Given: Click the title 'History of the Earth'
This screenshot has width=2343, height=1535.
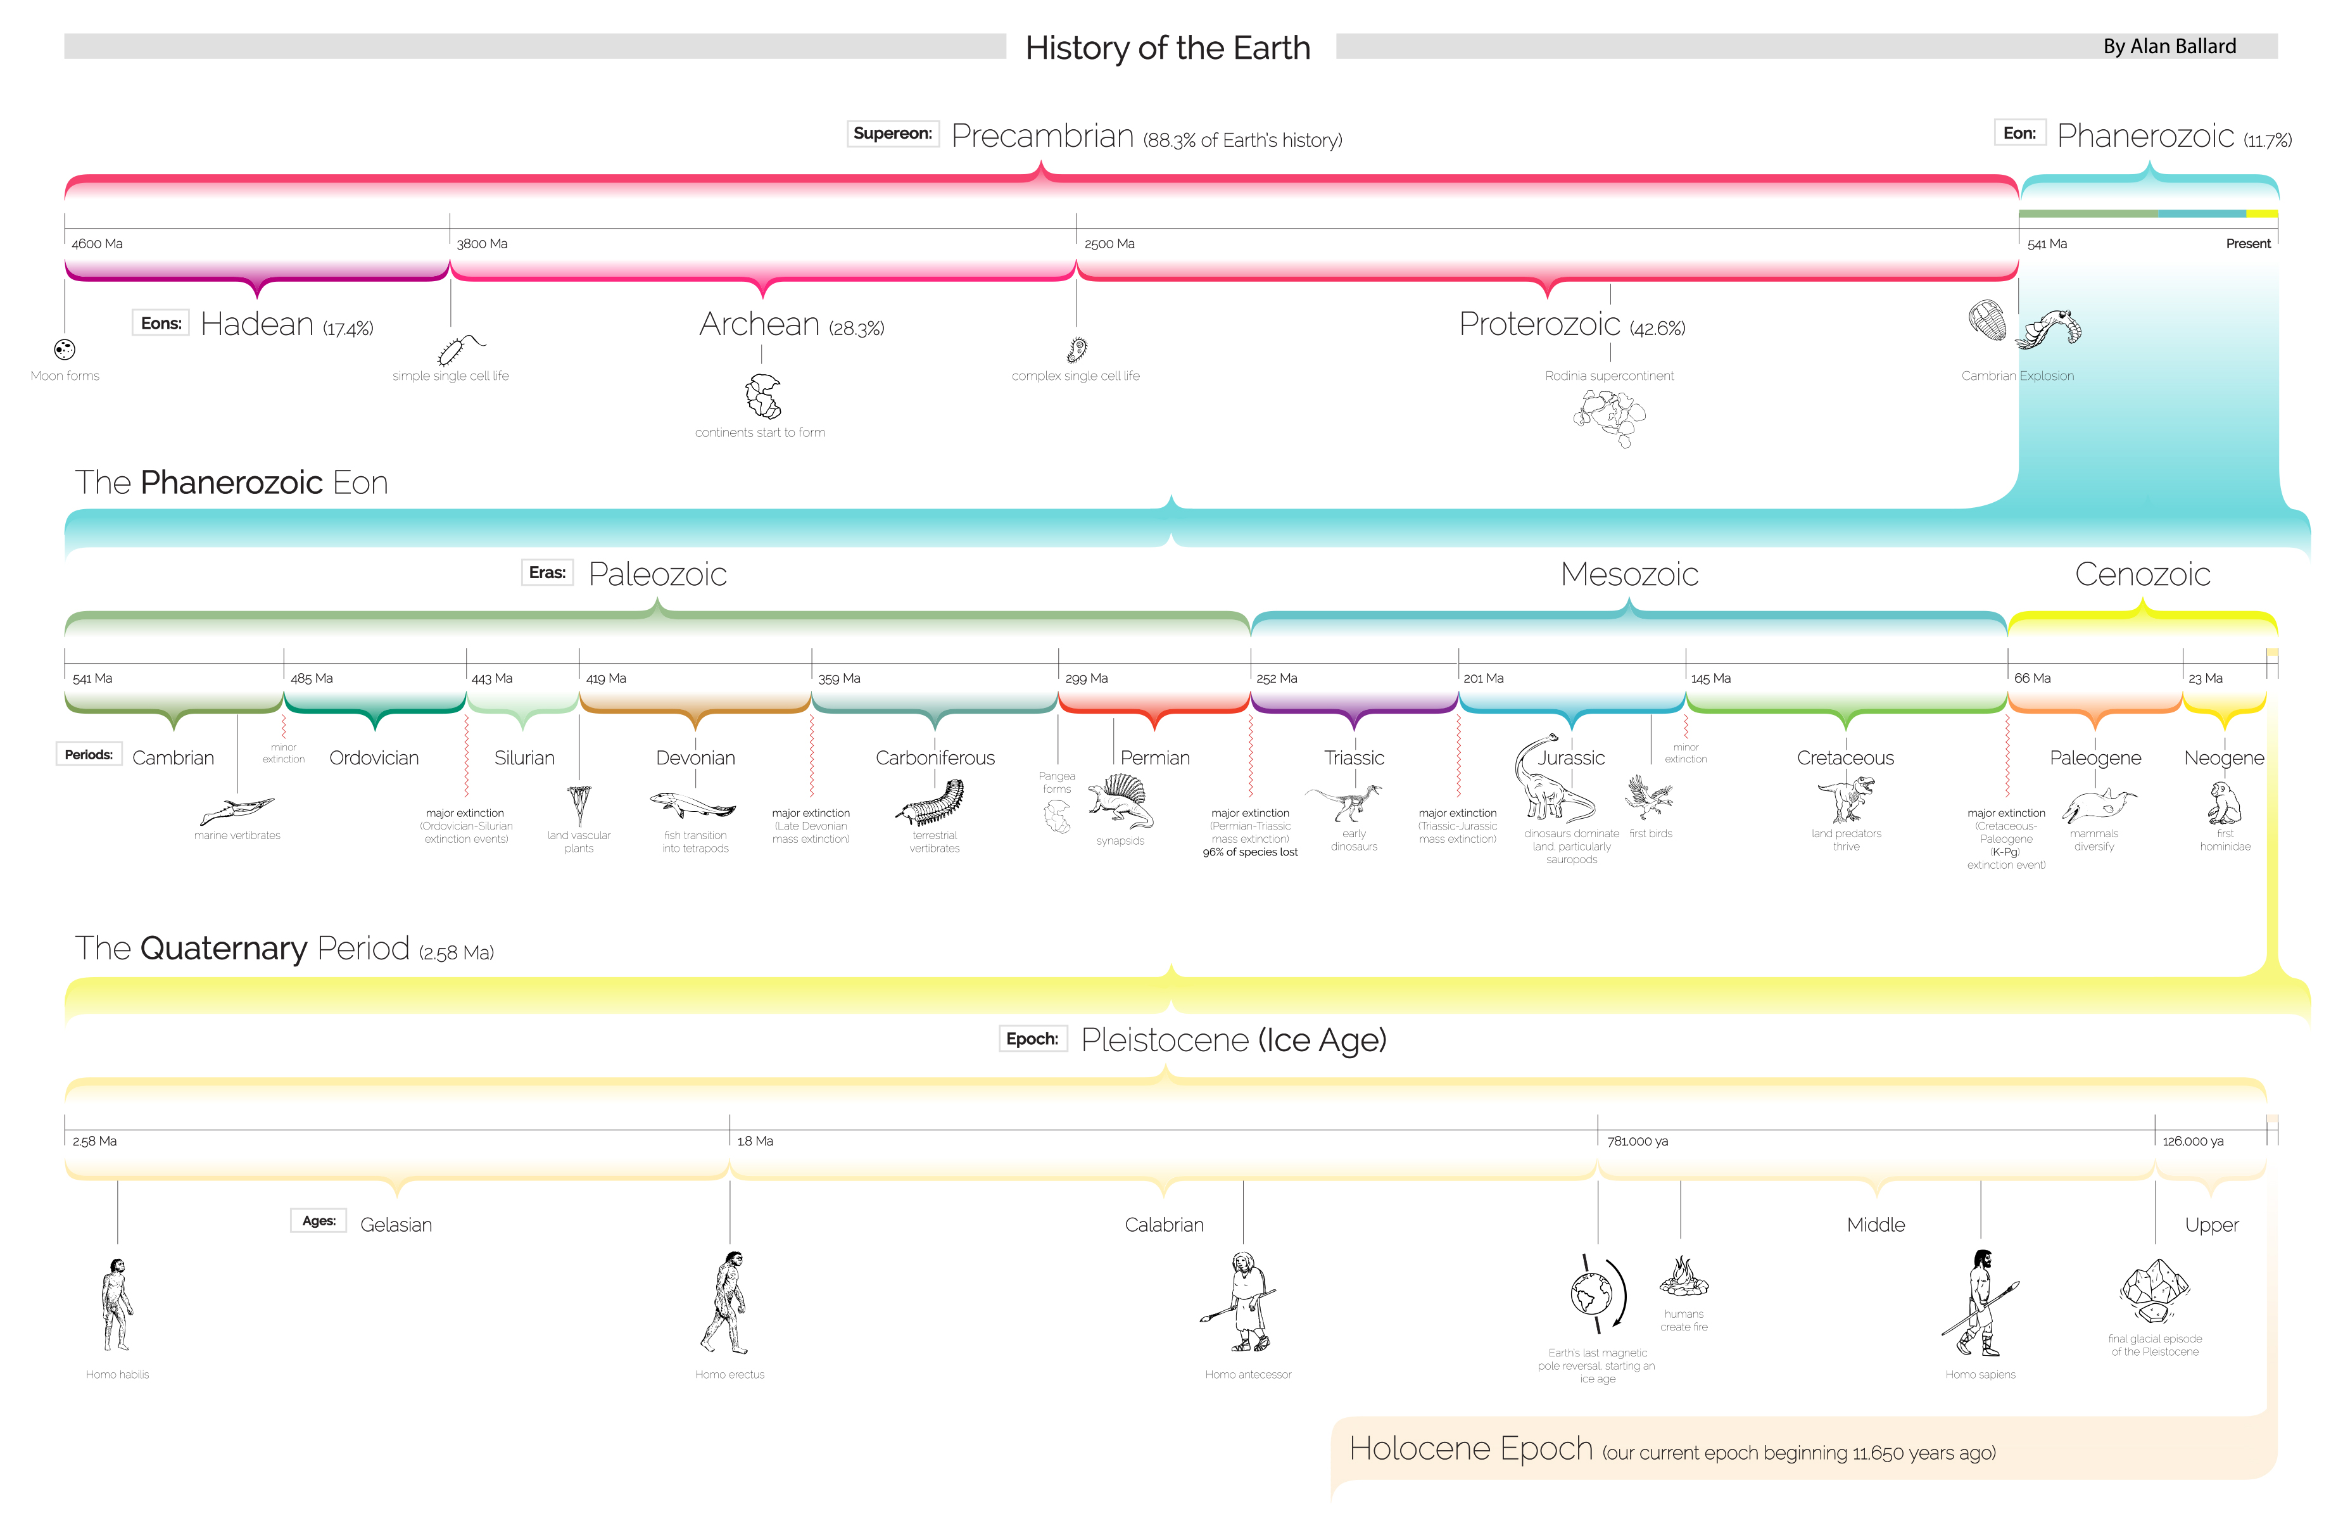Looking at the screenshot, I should [x=1168, y=47].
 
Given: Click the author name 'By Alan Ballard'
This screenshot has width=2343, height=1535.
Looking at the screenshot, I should [x=2169, y=46].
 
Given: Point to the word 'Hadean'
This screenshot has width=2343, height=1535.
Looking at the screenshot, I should [x=257, y=324].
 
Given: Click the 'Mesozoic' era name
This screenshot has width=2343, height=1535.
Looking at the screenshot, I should [x=1629, y=574].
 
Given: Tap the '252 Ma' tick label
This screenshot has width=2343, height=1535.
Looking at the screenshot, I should [x=1277, y=678].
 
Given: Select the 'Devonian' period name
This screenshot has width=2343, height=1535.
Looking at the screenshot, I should [x=695, y=758].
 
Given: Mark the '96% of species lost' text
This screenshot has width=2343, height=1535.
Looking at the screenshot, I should [x=1250, y=852].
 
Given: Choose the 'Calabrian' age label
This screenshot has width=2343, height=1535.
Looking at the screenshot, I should [x=1164, y=1225].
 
